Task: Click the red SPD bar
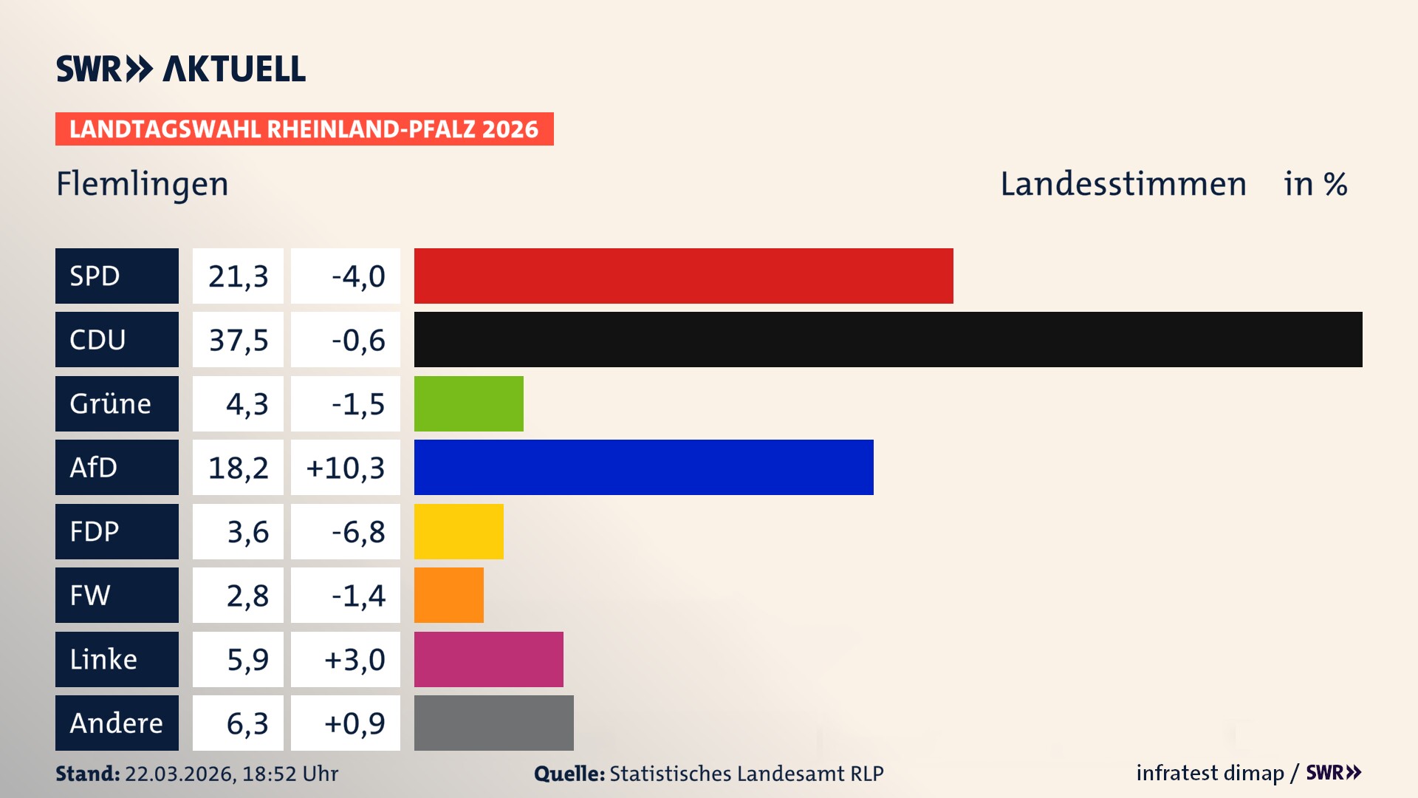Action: (683, 276)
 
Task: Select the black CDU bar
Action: (888, 340)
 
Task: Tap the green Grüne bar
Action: (468, 403)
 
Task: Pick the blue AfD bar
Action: (643, 468)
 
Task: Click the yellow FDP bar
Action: (459, 531)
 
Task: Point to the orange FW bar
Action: (448, 596)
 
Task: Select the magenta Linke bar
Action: (488, 659)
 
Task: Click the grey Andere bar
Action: (493, 723)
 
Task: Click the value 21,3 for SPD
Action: (238, 276)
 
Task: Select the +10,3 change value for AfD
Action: (346, 468)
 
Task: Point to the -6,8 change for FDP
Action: (358, 532)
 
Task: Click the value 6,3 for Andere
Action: (247, 723)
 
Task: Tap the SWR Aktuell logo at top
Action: (180, 69)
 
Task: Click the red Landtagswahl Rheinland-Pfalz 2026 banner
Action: (304, 129)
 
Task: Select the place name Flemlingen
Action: (143, 184)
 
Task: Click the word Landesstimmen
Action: (1123, 184)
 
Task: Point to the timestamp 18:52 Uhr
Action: (290, 774)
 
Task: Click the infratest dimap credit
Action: (1209, 773)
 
